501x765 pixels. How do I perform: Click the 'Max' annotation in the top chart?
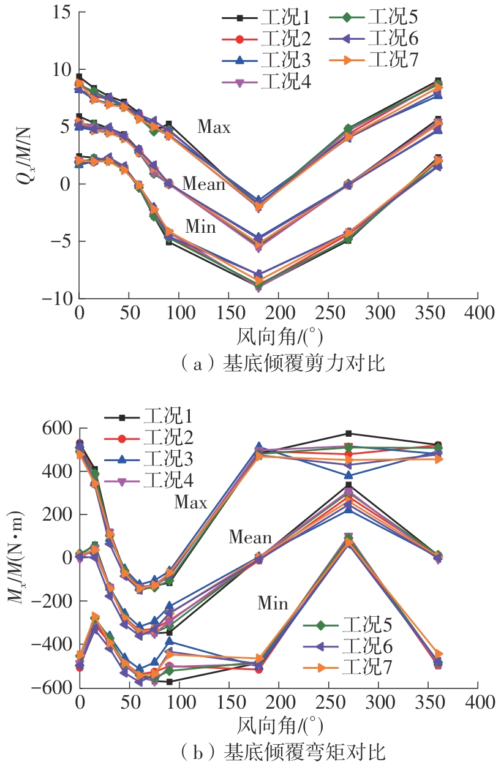[x=214, y=127]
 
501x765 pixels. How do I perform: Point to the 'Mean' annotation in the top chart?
[x=204, y=184]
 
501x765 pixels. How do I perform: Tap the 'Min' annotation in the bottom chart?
[x=273, y=604]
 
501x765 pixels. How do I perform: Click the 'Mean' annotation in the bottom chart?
[x=250, y=538]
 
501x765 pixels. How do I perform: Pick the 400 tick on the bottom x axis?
[x=479, y=702]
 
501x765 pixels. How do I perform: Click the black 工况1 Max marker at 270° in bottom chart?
[x=348, y=434]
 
